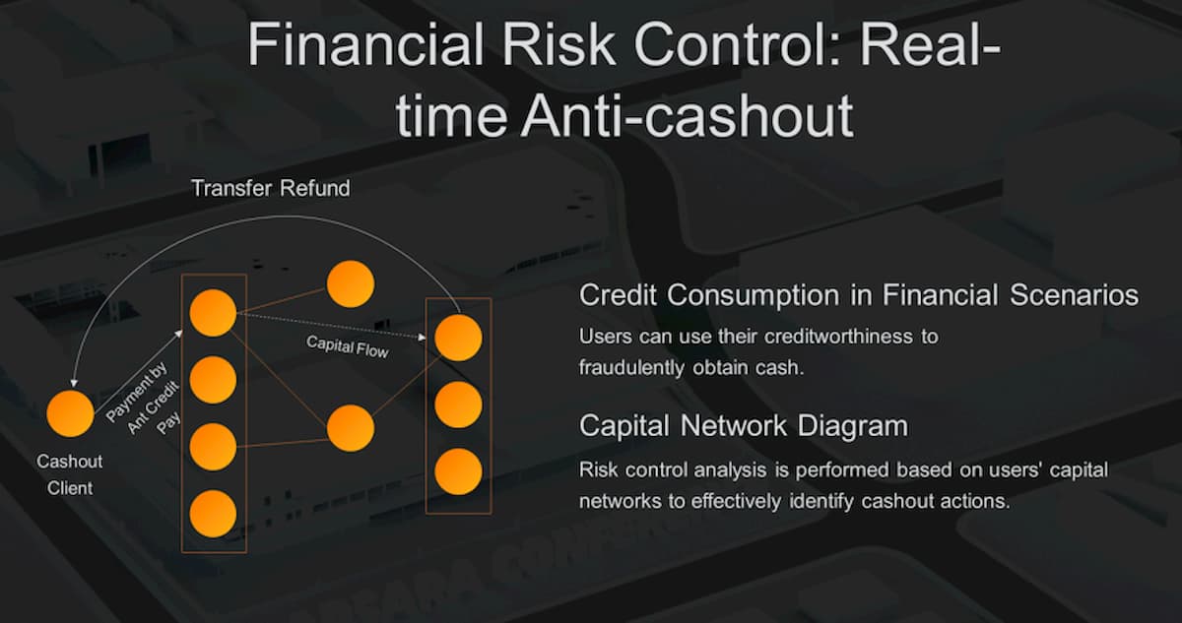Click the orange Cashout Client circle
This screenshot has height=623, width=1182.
[70, 413]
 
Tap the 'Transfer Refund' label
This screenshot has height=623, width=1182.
[271, 188]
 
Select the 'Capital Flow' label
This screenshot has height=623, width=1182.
[348, 346]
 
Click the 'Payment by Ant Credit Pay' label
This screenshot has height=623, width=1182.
[144, 399]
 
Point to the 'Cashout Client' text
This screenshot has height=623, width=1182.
[70, 474]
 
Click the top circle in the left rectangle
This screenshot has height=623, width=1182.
[213, 313]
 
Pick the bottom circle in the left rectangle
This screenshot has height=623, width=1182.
[213, 514]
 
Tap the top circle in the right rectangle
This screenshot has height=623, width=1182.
[458, 338]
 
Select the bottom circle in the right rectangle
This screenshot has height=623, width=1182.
[458, 471]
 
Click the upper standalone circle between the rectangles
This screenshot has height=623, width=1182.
[351, 284]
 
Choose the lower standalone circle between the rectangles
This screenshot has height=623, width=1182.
[351, 428]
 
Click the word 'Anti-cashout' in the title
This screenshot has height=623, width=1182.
[688, 115]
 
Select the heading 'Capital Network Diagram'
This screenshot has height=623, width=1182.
[744, 426]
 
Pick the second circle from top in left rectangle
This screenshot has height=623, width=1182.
[213, 380]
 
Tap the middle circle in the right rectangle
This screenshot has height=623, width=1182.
[458, 405]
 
